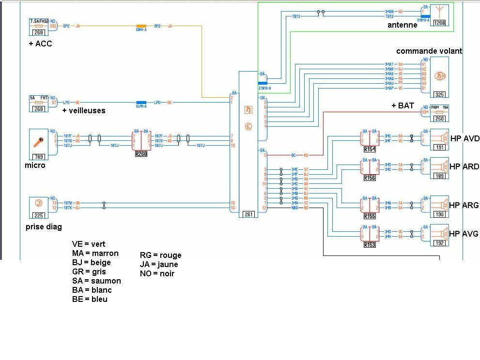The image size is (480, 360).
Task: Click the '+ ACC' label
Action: point(40,44)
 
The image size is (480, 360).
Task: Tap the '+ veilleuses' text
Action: point(84,110)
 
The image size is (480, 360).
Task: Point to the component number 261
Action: point(249,214)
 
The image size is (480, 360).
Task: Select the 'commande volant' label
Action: point(429,51)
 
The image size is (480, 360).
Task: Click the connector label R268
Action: point(141,154)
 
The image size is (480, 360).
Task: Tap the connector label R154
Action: point(370,149)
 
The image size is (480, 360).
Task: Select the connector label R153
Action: point(370,245)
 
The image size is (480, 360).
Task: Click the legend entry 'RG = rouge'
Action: point(160,255)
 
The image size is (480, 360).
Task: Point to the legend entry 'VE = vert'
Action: point(89,244)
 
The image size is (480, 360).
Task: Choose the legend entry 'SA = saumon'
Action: point(96,281)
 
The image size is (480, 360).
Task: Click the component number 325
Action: point(440,95)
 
